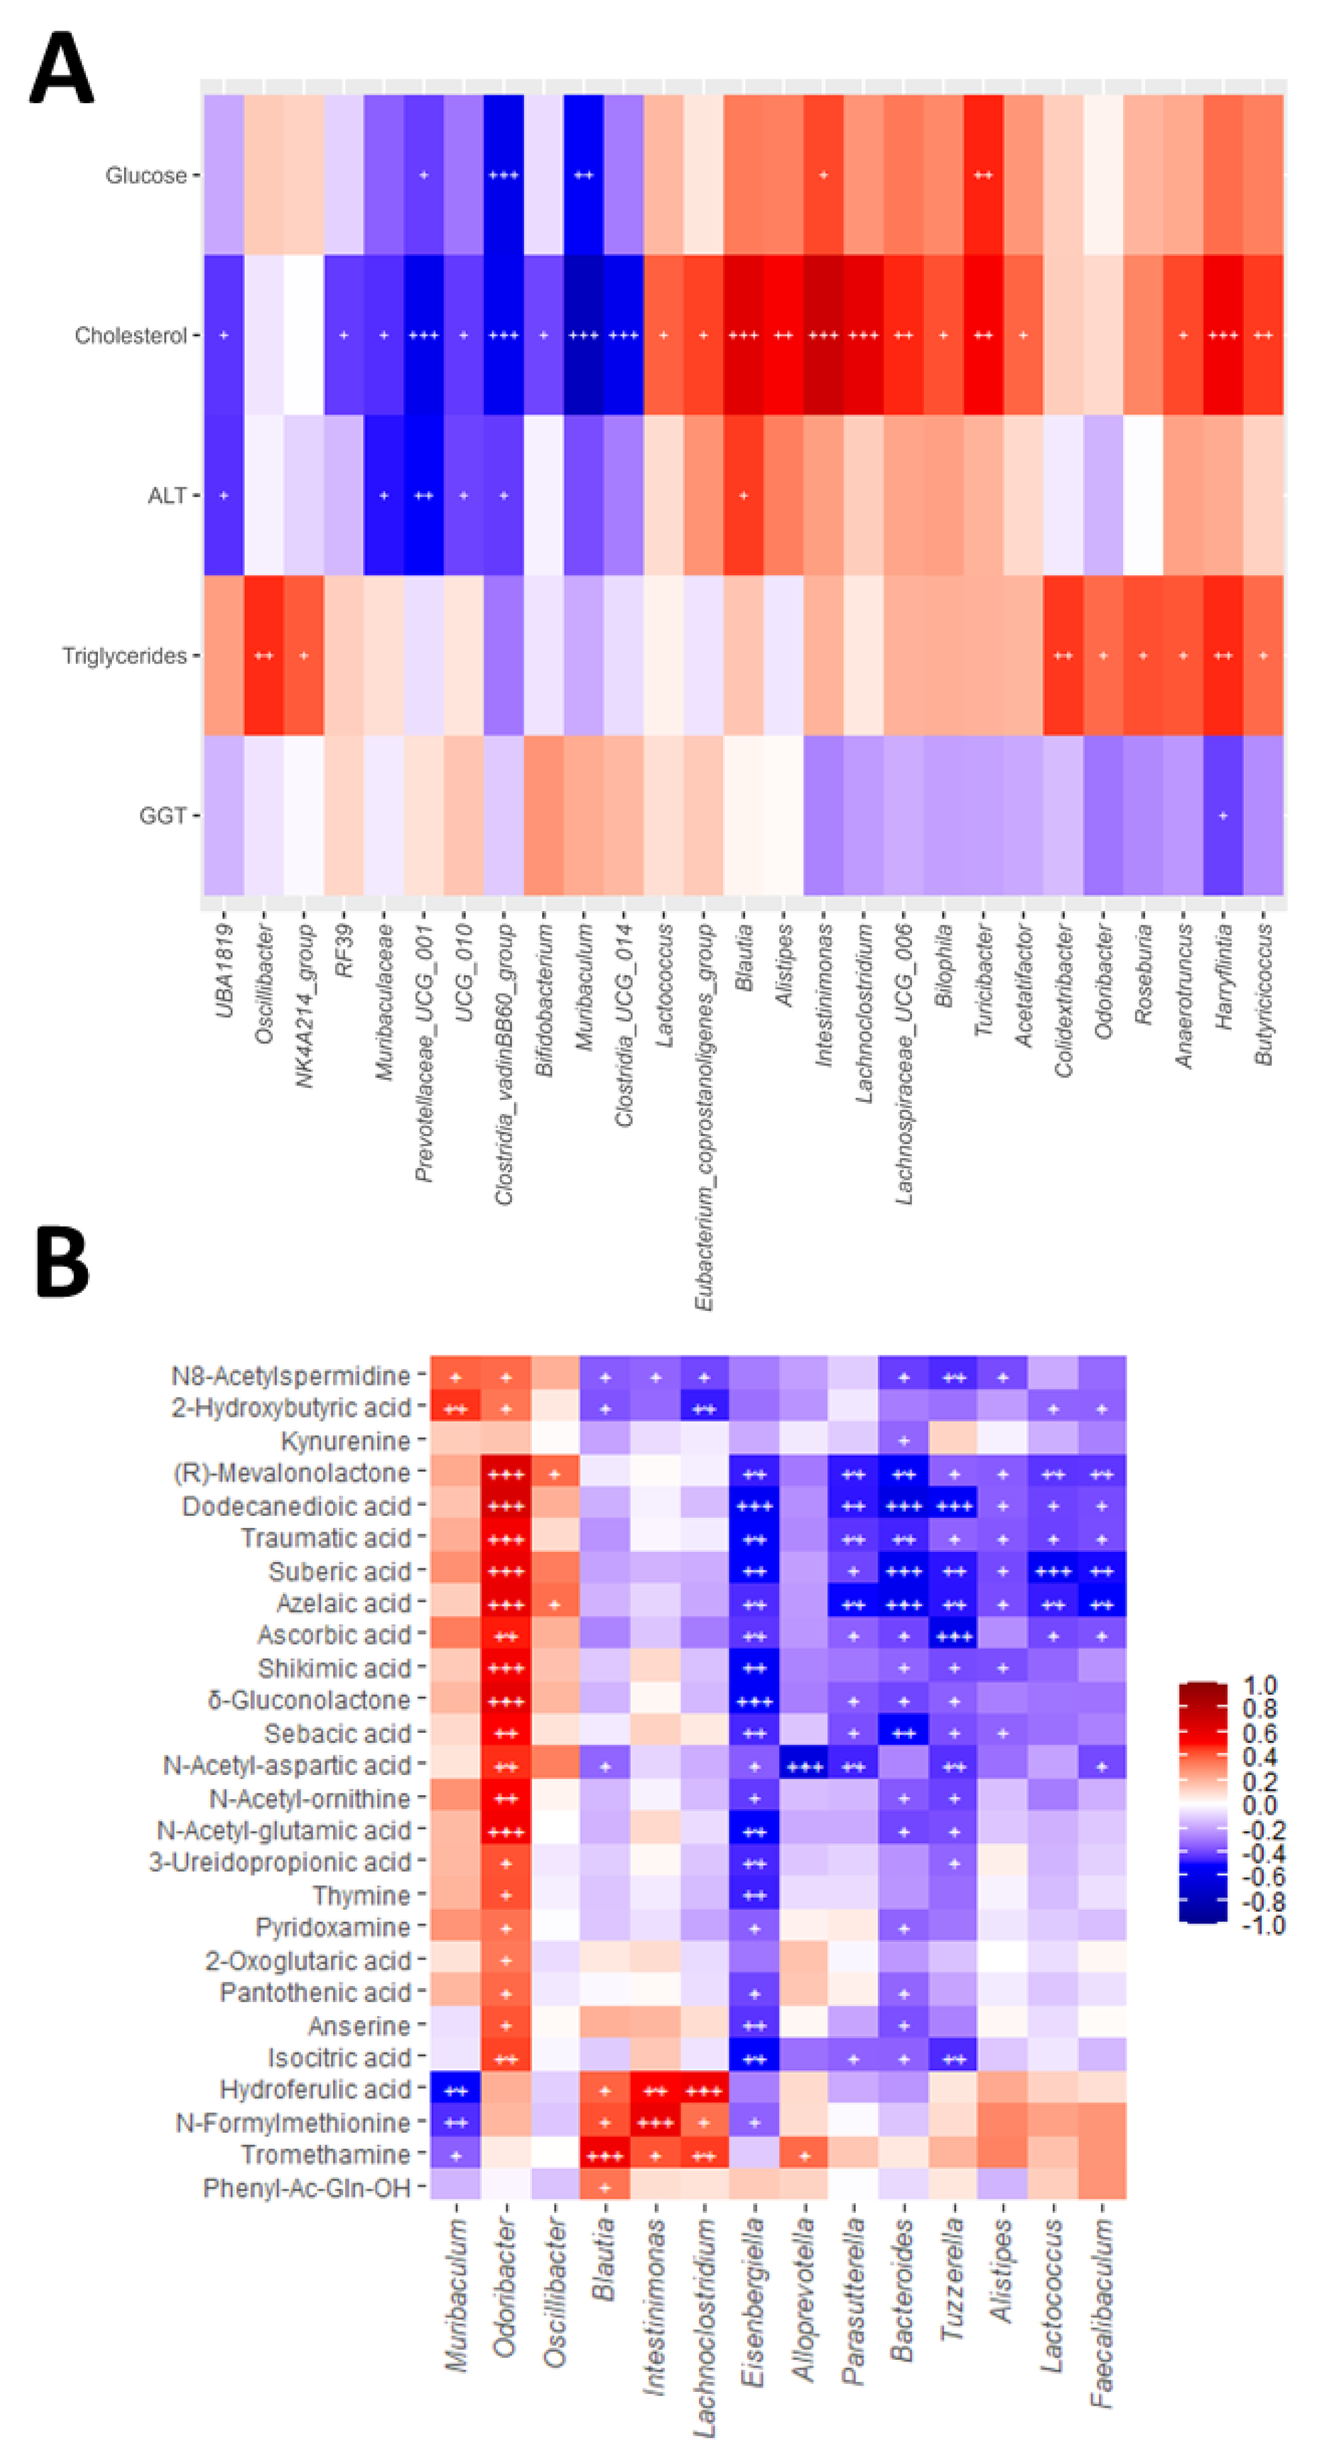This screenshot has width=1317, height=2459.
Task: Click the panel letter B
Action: point(61,1262)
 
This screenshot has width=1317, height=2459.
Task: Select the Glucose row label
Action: point(146,176)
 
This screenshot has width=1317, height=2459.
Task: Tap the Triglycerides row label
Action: point(124,656)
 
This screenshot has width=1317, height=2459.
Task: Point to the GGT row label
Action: point(163,816)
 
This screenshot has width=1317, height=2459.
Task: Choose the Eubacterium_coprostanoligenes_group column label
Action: point(704,1117)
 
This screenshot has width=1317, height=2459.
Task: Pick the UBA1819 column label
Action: point(223,969)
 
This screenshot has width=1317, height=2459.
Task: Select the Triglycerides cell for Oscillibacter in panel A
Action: point(264,656)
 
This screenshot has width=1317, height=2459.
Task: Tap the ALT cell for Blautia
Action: point(743,496)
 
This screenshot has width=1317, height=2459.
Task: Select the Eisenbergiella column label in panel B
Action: point(754,2300)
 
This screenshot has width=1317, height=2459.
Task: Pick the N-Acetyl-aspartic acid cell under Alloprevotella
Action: point(804,1766)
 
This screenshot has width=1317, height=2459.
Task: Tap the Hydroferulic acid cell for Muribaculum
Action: point(456,2090)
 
